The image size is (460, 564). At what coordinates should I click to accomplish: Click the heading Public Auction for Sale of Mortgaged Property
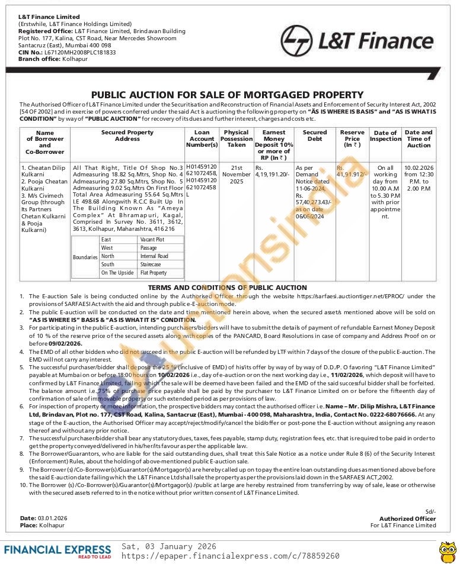coord(227,95)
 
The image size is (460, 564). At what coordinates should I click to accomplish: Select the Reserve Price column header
coord(352,138)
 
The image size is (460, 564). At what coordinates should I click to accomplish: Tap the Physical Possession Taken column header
coord(237,138)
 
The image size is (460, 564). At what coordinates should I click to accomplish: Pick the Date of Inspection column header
coord(385,136)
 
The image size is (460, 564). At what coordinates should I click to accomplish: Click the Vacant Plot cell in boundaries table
coord(152,240)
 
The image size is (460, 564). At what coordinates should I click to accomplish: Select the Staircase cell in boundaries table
coord(151,265)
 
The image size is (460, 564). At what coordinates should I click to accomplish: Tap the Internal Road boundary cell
coord(154,256)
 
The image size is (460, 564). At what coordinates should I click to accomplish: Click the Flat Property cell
coord(154,273)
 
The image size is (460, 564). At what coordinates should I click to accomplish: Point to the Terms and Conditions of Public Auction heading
coord(227,288)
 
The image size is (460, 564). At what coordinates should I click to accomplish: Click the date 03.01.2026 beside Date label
coord(53,518)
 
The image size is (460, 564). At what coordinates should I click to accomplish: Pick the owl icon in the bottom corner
coord(446,551)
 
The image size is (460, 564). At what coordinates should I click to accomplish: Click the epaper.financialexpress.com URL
coord(231,556)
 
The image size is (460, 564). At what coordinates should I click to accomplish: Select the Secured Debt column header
coord(314,136)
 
